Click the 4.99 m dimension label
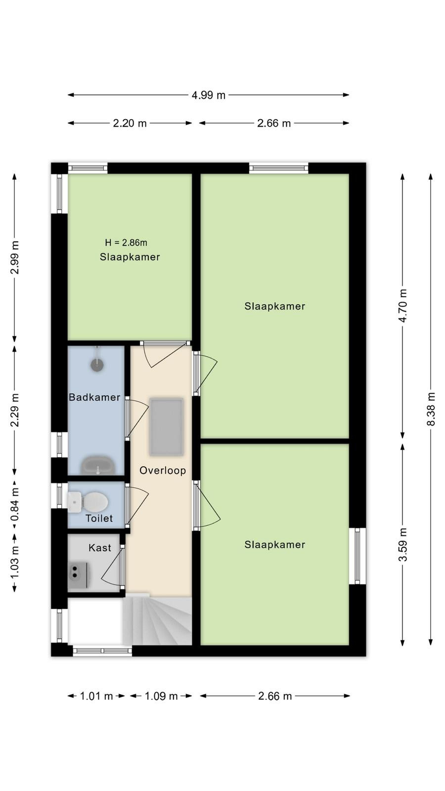click(x=208, y=95)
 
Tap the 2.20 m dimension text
click(x=130, y=123)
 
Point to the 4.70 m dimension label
click(x=402, y=306)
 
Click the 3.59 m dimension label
click(x=402, y=544)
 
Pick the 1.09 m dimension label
click(x=161, y=696)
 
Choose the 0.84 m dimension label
click(x=14, y=504)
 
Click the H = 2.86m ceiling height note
click(x=126, y=243)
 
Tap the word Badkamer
click(x=94, y=397)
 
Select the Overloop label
click(x=163, y=470)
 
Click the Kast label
click(x=100, y=548)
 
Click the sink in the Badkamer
click(x=98, y=465)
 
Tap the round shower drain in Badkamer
click(x=97, y=364)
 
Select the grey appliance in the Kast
click(x=78, y=575)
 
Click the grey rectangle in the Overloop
click(x=166, y=427)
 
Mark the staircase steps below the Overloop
click(x=157, y=620)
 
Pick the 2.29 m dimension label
click(x=14, y=410)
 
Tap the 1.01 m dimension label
click(x=96, y=696)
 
